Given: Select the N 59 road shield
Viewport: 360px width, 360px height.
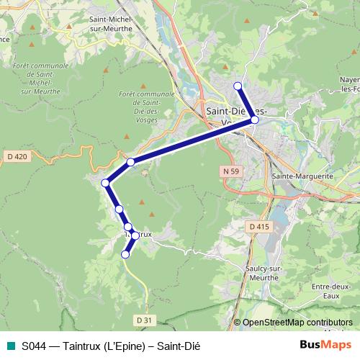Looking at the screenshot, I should tap(230, 171).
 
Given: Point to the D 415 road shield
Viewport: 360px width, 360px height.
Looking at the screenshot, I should tap(258, 227).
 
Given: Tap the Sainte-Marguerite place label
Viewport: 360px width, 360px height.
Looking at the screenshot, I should tap(302, 175).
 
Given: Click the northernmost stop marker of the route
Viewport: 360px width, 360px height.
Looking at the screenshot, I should tap(238, 86).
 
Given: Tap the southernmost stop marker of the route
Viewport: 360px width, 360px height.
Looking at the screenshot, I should tap(125, 254).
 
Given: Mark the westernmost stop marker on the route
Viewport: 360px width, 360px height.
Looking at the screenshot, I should tap(106, 183).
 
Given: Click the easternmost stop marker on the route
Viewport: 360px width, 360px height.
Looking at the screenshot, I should tap(254, 120).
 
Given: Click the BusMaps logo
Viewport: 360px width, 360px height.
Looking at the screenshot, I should tap(326, 345).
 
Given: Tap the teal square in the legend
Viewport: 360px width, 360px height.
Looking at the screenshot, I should tap(10, 346).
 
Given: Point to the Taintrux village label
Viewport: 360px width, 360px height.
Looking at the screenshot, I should tap(139, 234).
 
